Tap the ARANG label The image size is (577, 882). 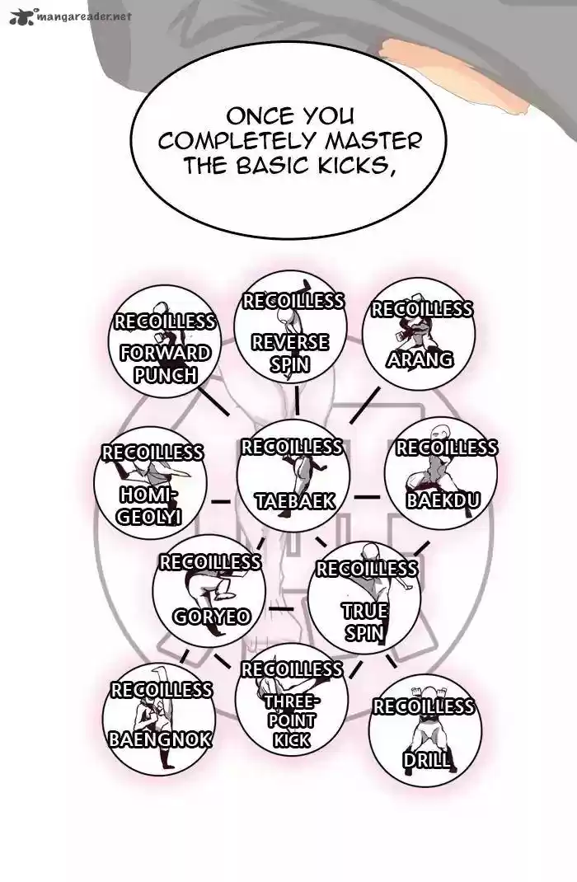coord(420,359)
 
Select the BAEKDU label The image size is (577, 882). coord(443,500)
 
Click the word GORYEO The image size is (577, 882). coord(211,617)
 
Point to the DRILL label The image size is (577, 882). coord(427,759)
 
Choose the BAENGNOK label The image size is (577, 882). coord(160,738)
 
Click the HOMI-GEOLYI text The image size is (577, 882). coord(149,505)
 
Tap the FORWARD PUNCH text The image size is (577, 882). coord(166,364)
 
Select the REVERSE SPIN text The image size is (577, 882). coord(289,352)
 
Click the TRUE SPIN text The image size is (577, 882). coord(364,622)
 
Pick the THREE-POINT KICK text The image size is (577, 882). coord(292,720)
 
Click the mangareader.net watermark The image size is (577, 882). coord(69,14)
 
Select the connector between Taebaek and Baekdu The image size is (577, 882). coord(367,497)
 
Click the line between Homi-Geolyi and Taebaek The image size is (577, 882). coord(219,500)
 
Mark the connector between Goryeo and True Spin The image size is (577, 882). coord(281,609)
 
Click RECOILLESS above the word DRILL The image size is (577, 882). coord(424,706)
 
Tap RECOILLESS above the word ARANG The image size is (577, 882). coord(421,309)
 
